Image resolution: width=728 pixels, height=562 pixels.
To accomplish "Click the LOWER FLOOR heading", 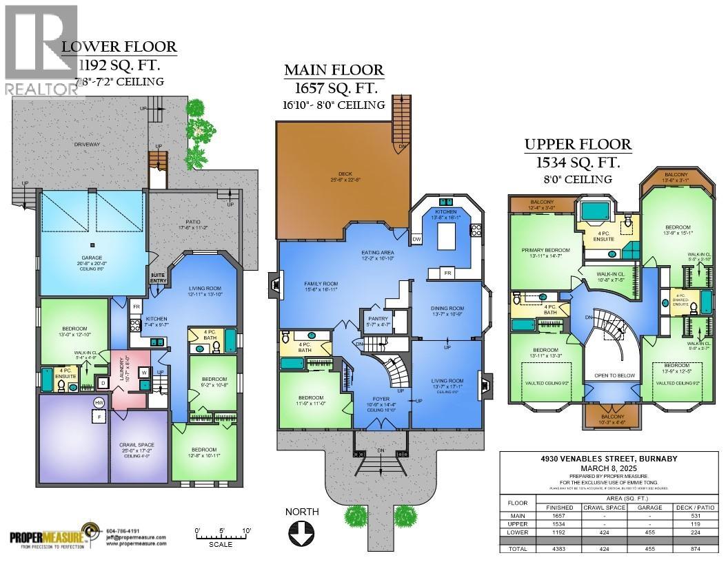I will click(119, 48).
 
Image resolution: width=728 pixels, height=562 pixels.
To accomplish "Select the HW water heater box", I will click(99, 402).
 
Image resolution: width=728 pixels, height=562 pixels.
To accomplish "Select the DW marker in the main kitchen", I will click(416, 239).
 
